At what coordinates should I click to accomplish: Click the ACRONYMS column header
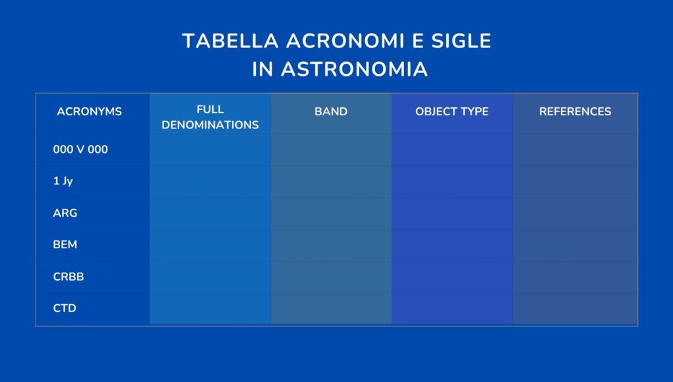[x=89, y=111]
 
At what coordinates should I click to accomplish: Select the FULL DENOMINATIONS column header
[x=210, y=117]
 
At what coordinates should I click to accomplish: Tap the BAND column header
[x=331, y=111]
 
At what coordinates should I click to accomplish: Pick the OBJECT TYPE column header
[x=452, y=111]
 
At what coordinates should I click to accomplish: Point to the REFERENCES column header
[x=575, y=111]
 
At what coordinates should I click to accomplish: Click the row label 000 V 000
[x=80, y=150]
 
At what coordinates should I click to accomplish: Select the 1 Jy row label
[x=63, y=181]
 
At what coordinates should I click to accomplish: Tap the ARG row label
[x=65, y=213]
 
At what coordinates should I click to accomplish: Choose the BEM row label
[x=65, y=244]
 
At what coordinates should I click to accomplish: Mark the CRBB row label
[x=68, y=277]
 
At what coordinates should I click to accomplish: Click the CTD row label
[x=65, y=308]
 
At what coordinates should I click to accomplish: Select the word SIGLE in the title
[x=461, y=41]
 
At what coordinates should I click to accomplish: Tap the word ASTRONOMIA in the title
[x=355, y=69]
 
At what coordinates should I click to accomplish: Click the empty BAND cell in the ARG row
[x=331, y=213]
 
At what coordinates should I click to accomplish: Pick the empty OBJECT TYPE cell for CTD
[x=452, y=308]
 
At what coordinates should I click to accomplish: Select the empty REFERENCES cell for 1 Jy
[x=575, y=182]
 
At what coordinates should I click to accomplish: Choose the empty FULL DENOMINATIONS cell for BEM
[x=210, y=245]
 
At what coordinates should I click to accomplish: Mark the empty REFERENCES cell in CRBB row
[x=575, y=277]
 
